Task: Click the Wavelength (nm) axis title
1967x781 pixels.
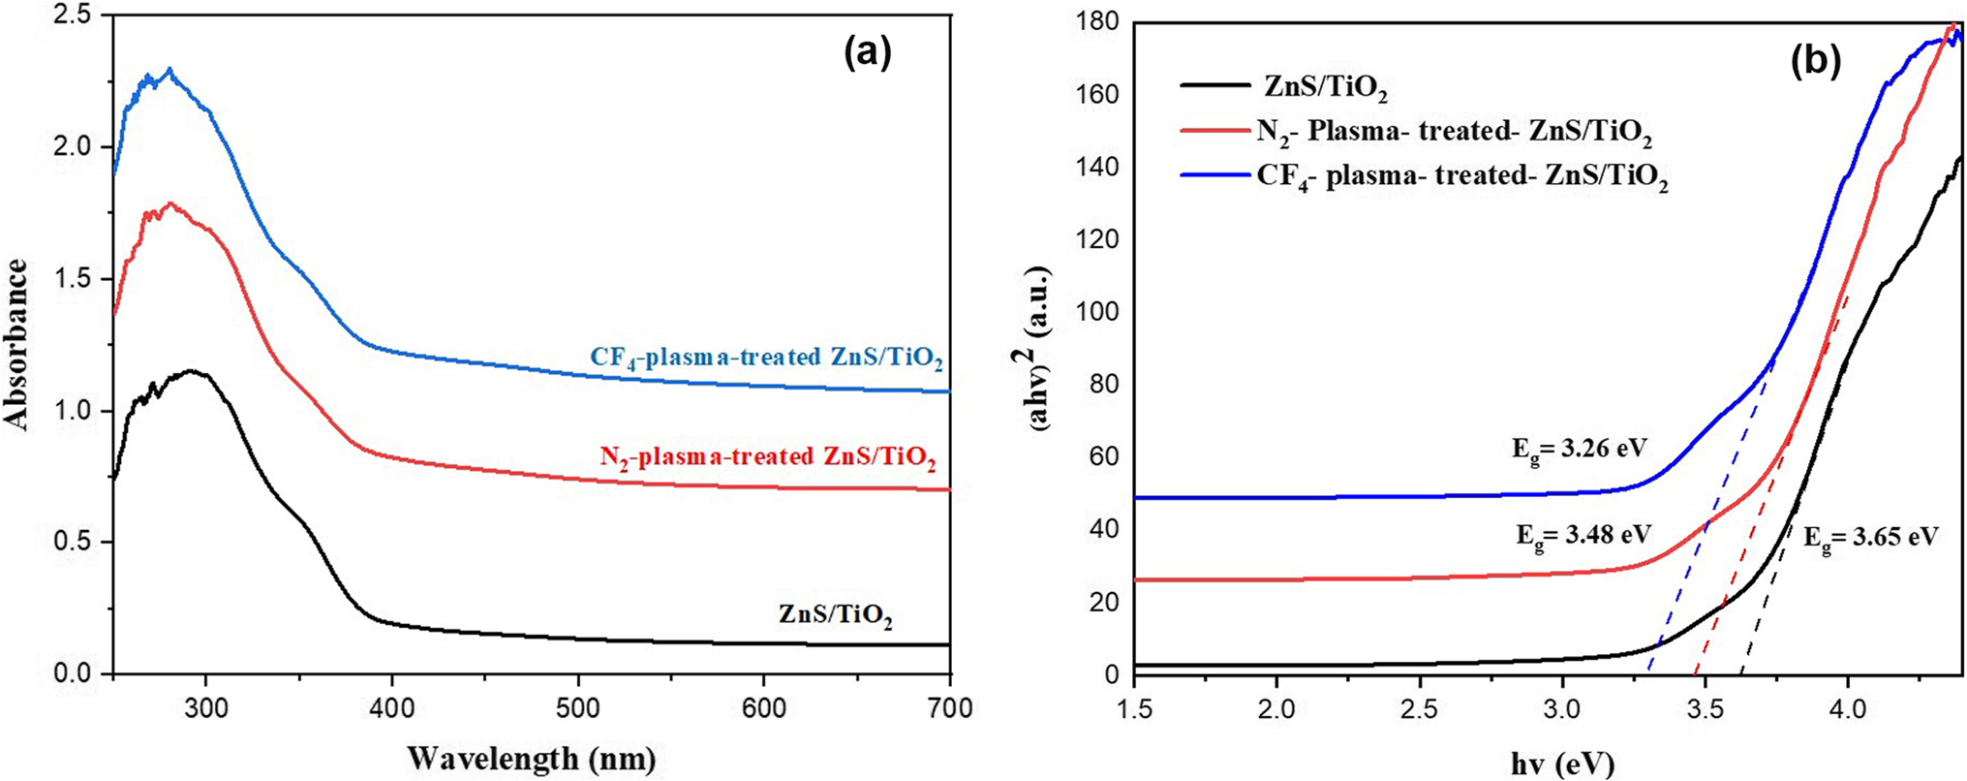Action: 532,758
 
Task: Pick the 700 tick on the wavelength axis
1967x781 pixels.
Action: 949,708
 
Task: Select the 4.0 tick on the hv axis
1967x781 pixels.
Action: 1847,709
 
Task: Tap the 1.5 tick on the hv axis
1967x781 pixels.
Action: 1134,709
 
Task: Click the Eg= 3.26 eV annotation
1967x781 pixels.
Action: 1579,450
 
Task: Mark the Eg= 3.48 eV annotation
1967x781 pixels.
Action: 1583,535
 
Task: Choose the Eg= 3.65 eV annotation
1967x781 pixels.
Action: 1869,538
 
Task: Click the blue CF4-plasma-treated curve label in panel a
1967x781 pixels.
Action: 766,359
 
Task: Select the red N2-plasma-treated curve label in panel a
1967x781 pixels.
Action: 767,457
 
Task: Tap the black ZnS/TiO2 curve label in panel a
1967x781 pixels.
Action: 835,615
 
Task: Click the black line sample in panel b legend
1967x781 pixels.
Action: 1215,86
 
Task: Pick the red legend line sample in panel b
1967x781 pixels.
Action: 1215,130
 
